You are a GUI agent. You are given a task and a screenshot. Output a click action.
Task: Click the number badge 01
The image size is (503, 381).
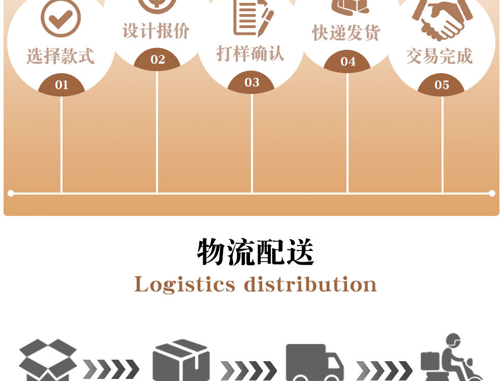[x=61, y=85]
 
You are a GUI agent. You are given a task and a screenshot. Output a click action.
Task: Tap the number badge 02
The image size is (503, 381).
[x=158, y=60]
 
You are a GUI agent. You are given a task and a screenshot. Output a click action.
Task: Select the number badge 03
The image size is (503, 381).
[x=252, y=83]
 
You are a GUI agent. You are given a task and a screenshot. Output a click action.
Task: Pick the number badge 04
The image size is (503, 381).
[x=348, y=62]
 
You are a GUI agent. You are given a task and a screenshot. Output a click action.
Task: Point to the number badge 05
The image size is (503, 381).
[x=442, y=85]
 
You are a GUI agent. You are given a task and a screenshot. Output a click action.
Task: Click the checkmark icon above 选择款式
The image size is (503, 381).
[x=60, y=18]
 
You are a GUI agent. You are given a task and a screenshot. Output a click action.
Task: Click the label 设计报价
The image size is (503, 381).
[x=156, y=31]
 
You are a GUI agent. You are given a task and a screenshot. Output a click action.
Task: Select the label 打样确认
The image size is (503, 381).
[x=250, y=53]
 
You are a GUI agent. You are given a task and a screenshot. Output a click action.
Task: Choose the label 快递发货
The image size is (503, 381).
[x=346, y=33]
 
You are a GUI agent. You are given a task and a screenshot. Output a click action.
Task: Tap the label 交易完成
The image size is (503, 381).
[x=439, y=56]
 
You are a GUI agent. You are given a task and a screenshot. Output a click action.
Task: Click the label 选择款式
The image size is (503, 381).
[x=60, y=56]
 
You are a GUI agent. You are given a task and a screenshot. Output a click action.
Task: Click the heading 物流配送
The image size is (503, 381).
[x=256, y=252]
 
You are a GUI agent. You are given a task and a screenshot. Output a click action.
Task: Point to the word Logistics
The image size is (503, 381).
[x=185, y=284]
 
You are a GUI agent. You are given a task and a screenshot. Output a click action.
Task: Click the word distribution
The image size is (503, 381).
[x=310, y=284]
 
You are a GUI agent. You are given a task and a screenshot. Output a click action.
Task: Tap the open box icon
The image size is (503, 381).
[x=47, y=360]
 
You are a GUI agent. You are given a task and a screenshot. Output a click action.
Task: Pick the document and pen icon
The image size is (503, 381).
[x=252, y=17]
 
